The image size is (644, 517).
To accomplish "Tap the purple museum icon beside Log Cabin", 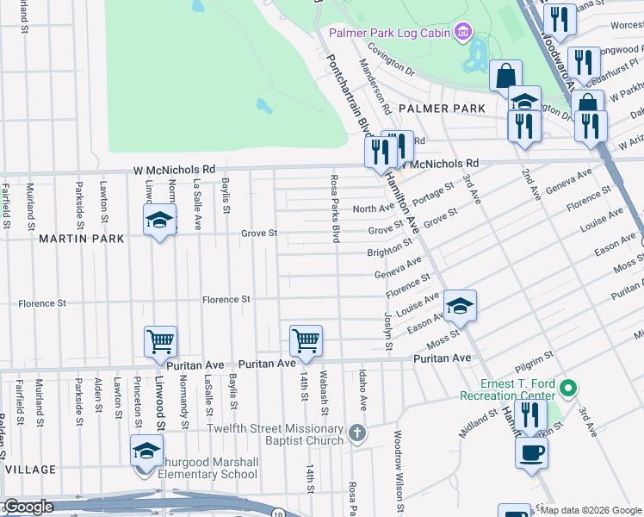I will (x=463, y=33).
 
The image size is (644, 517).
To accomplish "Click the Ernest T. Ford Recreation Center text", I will (x=507, y=389).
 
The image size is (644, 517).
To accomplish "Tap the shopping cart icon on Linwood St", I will (x=161, y=342).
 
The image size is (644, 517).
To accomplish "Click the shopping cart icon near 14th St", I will (x=306, y=341).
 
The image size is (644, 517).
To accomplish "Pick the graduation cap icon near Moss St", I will (x=460, y=305).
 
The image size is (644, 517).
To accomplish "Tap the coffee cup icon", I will (x=531, y=451).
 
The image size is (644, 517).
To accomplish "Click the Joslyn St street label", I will (x=387, y=330).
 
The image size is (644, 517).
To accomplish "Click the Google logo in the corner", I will (x=28, y=508).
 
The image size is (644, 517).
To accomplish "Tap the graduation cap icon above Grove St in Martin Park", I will (x=159, y=220).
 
